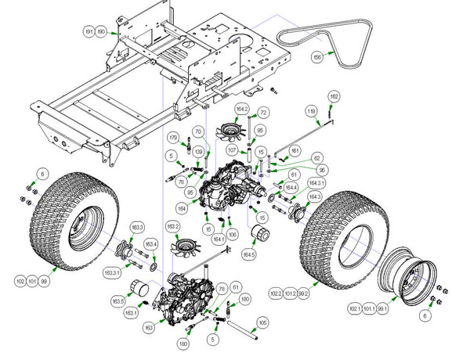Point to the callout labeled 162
[x=334, y=95]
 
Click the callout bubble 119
[x=312, y=112]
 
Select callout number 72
[x=263, y=113]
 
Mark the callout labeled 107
[x=233, y=149]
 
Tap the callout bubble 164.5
[x=249, y=254]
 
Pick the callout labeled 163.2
[x=173, y=227]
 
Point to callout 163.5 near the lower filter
[x=119, y=301]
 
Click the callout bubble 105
[x=262, y=322]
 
